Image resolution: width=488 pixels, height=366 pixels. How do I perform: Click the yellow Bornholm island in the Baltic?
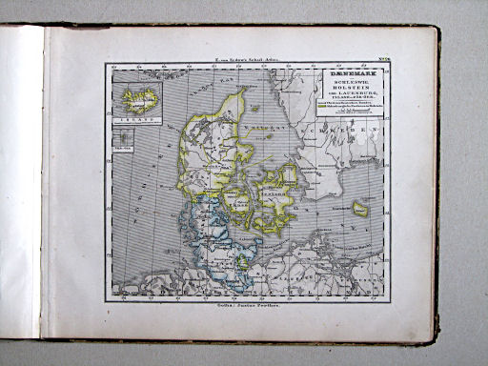click(361, 208)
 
